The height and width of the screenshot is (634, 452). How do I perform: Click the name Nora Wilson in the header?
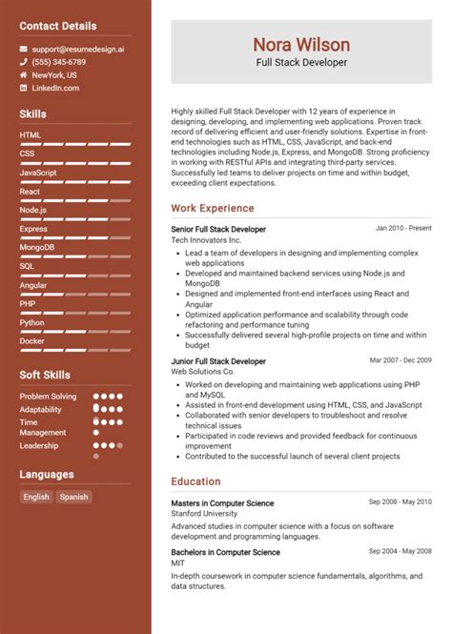point(300,44)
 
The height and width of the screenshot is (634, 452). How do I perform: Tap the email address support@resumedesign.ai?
point(77,48)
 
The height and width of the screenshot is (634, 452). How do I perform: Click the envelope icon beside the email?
point(24,48)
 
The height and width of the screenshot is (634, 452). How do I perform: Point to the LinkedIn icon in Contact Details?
point(24,88)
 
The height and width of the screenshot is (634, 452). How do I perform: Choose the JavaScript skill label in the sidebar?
point(37,172)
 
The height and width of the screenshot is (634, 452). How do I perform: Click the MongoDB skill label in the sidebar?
point(36,247)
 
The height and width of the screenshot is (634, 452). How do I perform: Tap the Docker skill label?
point(31,340)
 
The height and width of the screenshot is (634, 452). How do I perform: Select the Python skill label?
point(31,322)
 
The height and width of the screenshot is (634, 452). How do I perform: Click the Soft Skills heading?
point(45,375)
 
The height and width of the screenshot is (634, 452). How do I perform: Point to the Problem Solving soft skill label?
point(48,396)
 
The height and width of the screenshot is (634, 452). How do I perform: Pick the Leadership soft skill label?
point(39,445)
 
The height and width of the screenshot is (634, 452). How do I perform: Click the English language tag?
point(36,497)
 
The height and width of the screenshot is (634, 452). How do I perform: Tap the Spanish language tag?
point(73,497)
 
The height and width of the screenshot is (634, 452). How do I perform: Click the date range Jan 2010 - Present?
point(403,229)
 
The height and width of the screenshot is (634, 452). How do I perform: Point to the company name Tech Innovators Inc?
point(207,240)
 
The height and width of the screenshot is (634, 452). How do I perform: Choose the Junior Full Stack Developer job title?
point(218,361)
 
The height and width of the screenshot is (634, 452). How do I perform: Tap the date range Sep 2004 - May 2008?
point(401,552)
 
